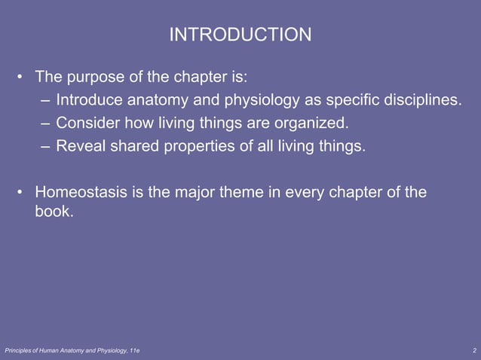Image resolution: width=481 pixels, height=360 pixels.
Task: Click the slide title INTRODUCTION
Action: pos(240,35)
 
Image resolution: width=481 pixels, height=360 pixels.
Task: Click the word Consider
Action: pos(86,122)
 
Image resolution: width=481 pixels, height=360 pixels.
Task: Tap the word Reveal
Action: pos(79,145)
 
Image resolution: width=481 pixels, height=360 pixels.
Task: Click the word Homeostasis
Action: pos(81,192)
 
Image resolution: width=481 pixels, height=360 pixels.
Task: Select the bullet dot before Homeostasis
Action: pos(20,193)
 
